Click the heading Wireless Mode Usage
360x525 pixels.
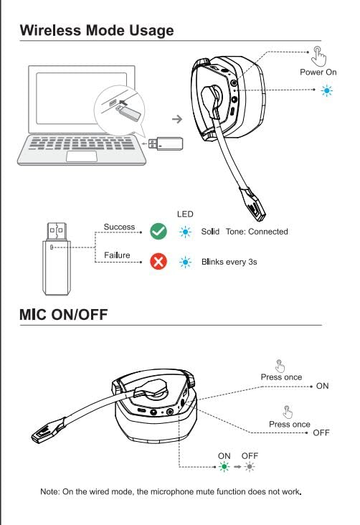click(x=97, y=30)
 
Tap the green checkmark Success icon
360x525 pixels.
click(x=158, y=232)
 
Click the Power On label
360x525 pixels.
click(x=318, y=72)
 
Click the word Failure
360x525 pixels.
click(x=116, y=256)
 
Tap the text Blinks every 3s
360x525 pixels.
click(x=229, y=262)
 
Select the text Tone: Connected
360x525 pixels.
click(x=257, y=232)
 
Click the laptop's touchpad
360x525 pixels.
click(x=82, y=155)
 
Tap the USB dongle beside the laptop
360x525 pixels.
click(x=170, y=143)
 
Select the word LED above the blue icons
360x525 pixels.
click(x=185, y=214)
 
